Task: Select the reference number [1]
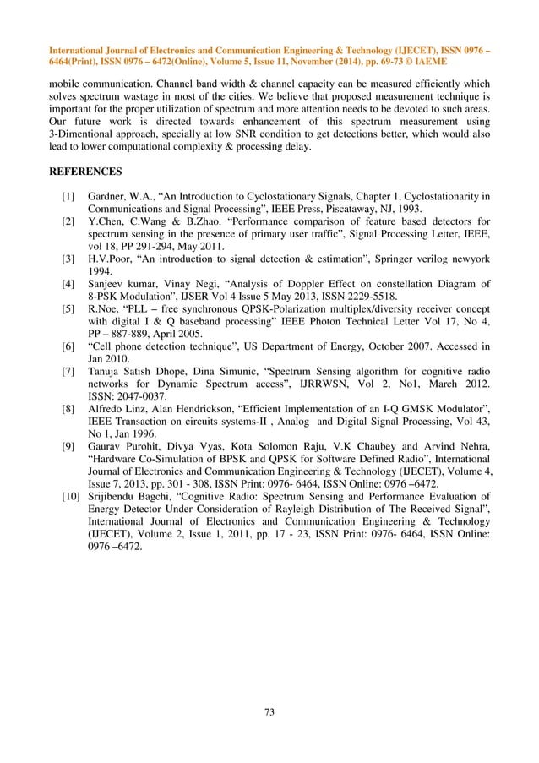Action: (67, 197)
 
